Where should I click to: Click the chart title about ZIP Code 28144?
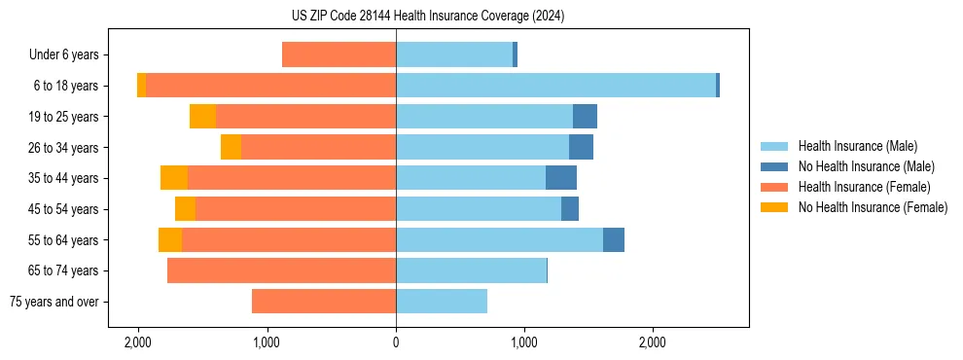coord(481,16)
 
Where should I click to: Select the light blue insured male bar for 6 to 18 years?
coord(555,86)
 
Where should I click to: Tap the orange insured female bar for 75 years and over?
coord(323,302)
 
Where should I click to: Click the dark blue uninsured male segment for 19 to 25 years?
coord(585,117)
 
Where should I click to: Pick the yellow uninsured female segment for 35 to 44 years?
coord(174,178)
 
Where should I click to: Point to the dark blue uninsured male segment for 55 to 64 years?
coord(614,240)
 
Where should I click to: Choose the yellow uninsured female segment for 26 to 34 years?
coord(231,147)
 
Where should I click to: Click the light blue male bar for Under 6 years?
coord(454,54)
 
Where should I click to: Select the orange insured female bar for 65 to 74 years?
coord(281,270)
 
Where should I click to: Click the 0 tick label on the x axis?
coord(396,342)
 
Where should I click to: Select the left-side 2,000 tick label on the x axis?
coord(138,342)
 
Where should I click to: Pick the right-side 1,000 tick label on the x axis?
coord(524,342)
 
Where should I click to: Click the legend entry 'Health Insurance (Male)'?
coord(857,146)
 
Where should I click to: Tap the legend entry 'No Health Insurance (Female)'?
coord(873,207)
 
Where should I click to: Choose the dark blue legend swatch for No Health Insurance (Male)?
coord(774,166)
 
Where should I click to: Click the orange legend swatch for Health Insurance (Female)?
coord(774,187)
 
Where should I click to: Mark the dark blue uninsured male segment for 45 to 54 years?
coord(570,209)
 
